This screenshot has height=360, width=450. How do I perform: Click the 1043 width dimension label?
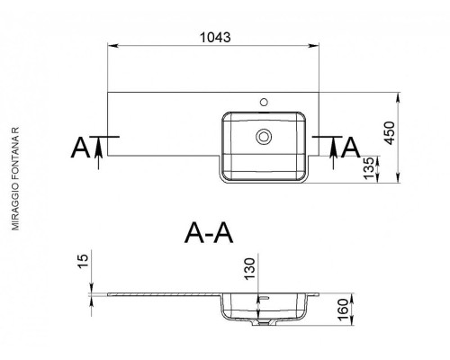[x=215, y=37]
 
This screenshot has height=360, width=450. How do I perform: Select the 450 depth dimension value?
[x=390, y=133]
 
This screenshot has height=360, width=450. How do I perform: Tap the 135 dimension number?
[x=369, y=168]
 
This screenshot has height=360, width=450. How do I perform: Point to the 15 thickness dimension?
[x=83, y=262]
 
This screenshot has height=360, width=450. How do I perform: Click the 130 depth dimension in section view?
[x=249, y=269]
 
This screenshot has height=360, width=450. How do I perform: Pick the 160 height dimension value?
[x=344, y=310]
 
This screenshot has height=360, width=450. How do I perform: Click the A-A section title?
[x=209, y=234]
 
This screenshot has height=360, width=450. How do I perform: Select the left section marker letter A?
[x=80, y=148]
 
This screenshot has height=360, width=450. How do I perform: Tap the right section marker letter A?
[x=351, y=148]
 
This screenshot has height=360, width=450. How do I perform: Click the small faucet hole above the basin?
[x=264, y=103]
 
